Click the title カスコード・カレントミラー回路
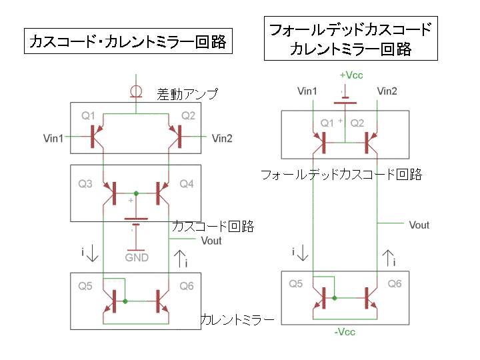127,43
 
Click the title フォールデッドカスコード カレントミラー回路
349,39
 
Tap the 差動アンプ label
187,94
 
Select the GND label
137,257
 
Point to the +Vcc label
351,75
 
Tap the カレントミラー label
237,321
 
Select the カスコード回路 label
213,227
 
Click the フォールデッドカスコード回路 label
341,175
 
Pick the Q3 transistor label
85,183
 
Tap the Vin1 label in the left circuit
53,139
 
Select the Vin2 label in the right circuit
387,91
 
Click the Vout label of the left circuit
211,241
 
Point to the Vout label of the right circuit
419,225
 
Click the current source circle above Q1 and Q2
136,91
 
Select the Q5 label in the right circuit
295,283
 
